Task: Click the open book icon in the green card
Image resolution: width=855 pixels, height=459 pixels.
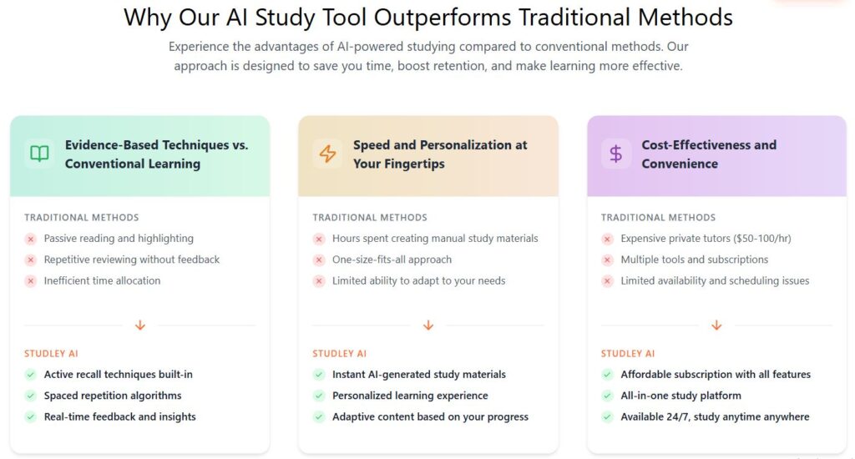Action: point(39,154)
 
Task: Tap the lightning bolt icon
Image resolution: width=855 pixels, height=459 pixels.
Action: point(327,154)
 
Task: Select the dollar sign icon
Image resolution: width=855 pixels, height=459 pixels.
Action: point(616,154)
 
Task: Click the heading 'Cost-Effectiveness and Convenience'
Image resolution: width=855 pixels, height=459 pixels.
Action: point(709,154)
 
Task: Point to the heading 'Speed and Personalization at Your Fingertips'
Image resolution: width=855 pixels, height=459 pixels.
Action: point(440,154)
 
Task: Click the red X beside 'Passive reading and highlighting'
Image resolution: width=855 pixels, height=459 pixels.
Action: point(31,239)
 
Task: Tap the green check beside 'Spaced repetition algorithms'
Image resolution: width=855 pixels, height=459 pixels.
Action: point(31,396)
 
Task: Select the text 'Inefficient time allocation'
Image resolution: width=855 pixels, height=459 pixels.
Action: point(103,280)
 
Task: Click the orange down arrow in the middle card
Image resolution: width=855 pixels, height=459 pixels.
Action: point(428,325)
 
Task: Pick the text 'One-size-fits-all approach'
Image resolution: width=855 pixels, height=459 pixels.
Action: point(392,260)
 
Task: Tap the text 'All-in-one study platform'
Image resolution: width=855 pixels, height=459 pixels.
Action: point(681,396)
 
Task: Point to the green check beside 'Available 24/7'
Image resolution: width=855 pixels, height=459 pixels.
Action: point(608,417)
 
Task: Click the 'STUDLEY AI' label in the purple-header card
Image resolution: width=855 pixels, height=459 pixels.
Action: point(628,354)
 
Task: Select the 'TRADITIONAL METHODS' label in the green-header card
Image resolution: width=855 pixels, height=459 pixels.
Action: point(82,218)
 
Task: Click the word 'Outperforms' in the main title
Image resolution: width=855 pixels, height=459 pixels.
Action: point(443,18)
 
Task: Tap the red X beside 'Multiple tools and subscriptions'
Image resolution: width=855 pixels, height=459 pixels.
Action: point(608,260)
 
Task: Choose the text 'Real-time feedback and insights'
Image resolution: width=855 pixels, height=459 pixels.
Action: point(120,417)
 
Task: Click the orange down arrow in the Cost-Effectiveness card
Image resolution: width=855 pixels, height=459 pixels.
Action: point(717,325)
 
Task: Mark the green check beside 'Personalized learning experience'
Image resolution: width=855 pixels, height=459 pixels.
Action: point(320,396)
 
